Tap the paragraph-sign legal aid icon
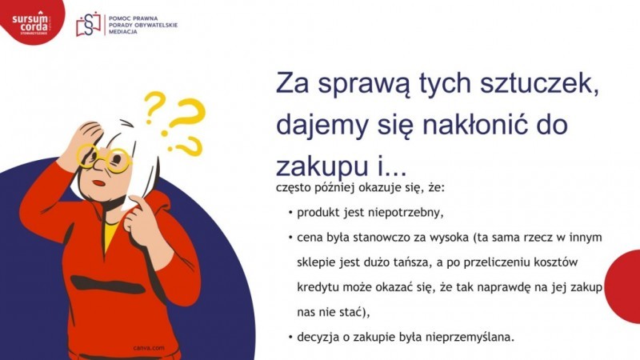click(x=88, y=25)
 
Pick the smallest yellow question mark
click(x=154, y=107)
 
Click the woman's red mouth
click(x=98, y=183)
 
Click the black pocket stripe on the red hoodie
click(x=108, y=285)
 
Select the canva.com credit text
click(x=149, y=348)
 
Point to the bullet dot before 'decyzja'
click(x=290, y=337)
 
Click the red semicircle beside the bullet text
click(x=622, y=286)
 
